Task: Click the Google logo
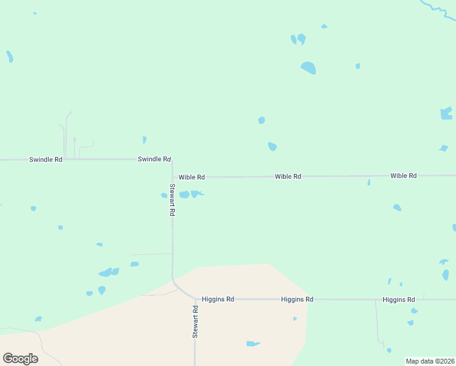20,358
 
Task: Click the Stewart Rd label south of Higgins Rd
195,322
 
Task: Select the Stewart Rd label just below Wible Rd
173,200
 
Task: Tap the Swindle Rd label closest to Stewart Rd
154,159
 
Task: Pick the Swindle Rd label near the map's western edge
46,160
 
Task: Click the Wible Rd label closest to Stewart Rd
191,177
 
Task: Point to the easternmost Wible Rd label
403,176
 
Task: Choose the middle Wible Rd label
288,176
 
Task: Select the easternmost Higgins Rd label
399,300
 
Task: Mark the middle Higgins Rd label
297,300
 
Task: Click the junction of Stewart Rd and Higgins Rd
195,300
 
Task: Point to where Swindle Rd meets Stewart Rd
172,160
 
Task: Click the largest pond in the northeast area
308,68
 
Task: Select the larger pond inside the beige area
252,344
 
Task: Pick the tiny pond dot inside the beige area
295,318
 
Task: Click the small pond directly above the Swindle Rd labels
144,140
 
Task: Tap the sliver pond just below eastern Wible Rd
369,182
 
